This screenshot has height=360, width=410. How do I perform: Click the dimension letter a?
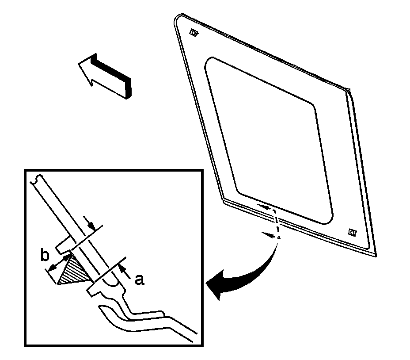pos(139,280)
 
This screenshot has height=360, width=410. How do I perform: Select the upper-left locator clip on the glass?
pos(194,32)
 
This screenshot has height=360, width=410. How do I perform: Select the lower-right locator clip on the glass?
pos(352,231)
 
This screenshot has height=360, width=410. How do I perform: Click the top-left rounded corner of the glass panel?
pos(178,18)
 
